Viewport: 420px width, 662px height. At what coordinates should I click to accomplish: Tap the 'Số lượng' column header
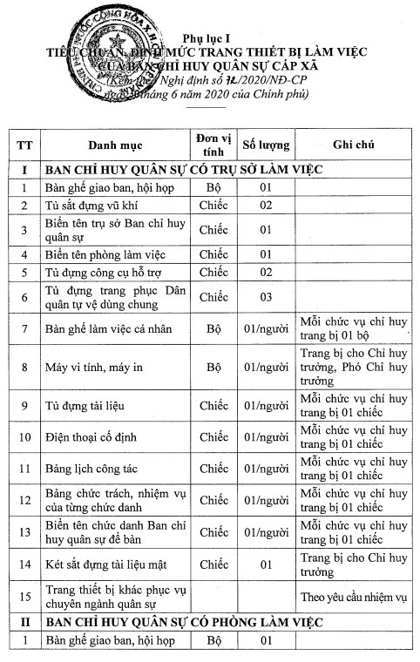[x=266, y=144]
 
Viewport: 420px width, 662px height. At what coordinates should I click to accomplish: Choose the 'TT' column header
[x=25, y=144]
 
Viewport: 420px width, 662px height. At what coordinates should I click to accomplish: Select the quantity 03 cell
[x=265, y=297]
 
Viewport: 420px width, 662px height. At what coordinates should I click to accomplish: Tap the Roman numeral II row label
[x=25, y=623]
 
